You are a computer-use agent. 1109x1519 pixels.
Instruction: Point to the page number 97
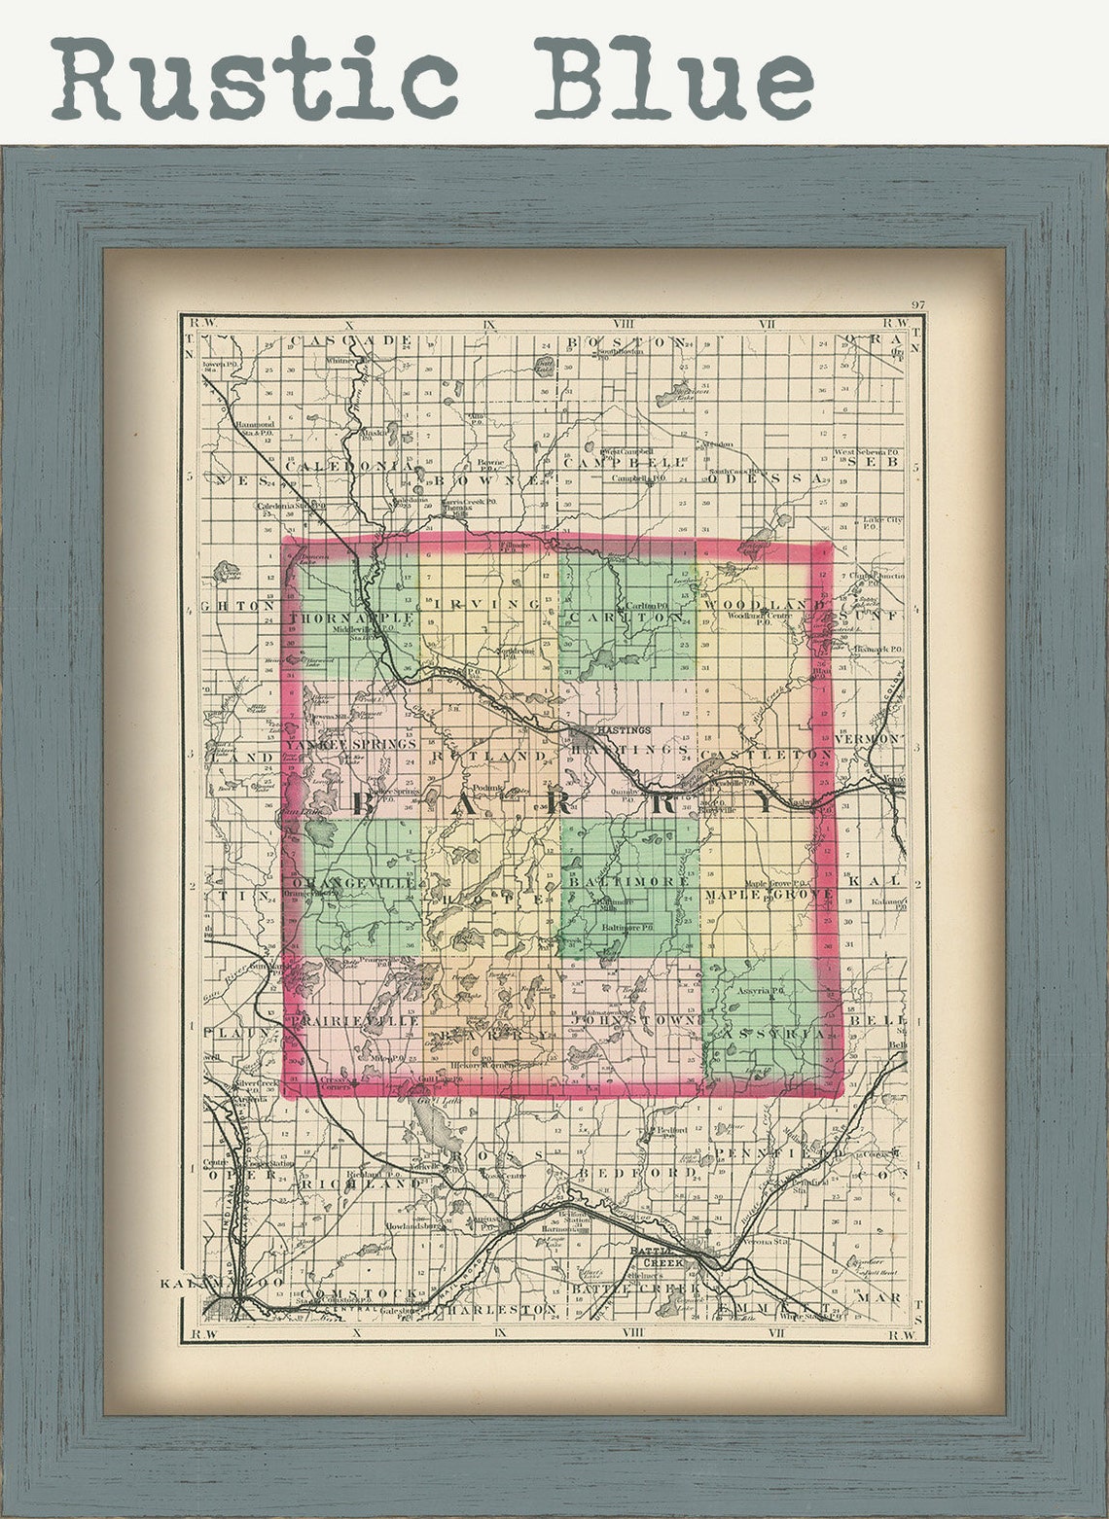917,304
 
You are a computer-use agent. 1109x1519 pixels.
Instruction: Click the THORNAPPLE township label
352,618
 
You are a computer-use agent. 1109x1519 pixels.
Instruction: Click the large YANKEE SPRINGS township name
350,743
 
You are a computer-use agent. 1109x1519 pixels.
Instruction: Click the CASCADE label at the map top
351,341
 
